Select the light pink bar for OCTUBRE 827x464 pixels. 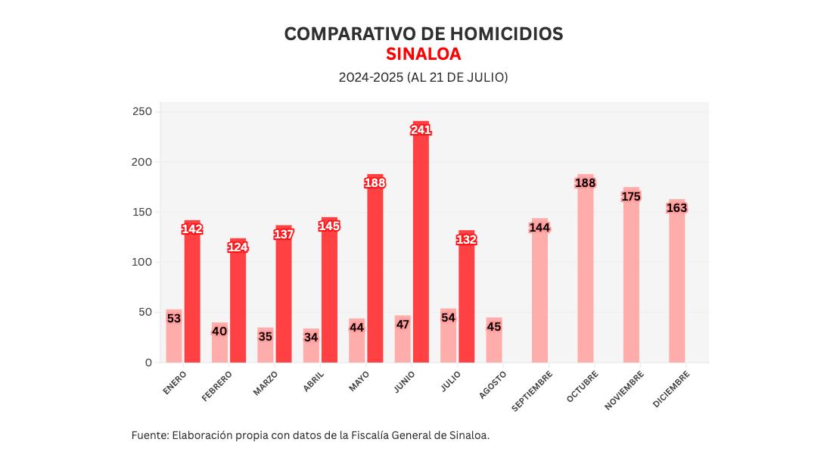(586, 272)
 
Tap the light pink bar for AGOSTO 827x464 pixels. (494, 344)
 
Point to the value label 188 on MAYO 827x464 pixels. (375, 182)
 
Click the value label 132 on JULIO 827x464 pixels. (466, 240)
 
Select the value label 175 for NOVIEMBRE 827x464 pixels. (631, 197)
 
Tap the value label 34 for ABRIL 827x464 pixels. (311, 337)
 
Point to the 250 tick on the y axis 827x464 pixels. (143, 112)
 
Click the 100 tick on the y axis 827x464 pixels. (143, 262)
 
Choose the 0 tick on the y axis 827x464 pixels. (148, 363)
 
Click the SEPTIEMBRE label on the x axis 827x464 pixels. (533, 390)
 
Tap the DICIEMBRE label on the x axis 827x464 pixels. (672, 389)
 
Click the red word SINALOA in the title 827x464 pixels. (423, 54)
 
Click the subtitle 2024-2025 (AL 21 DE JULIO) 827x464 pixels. (423, 77)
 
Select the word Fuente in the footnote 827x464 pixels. (149, 435)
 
